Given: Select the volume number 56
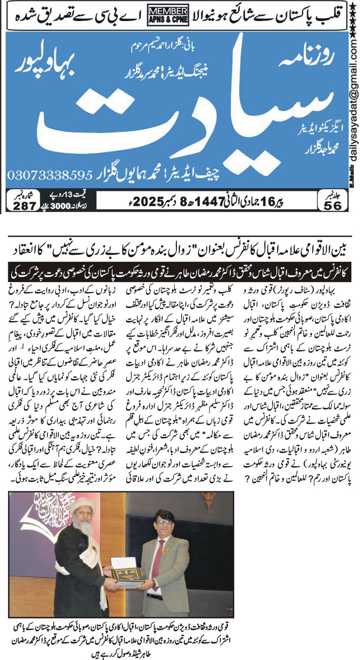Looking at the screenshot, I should [x=332, y=205].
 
